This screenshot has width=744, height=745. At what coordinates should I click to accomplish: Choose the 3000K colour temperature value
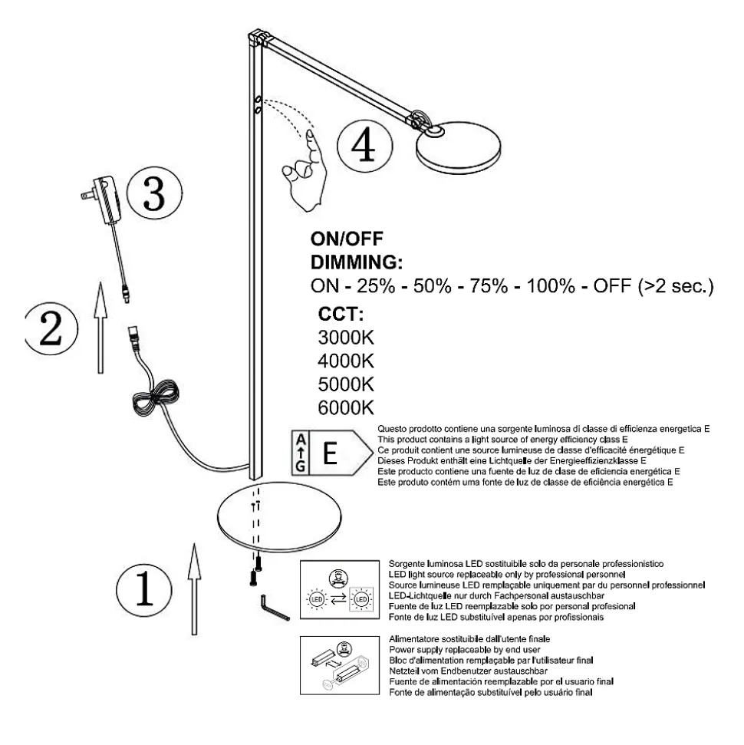[345, 338]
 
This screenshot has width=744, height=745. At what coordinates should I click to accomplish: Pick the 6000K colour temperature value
[345, 406]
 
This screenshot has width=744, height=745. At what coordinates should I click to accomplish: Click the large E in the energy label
[331, 453]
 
